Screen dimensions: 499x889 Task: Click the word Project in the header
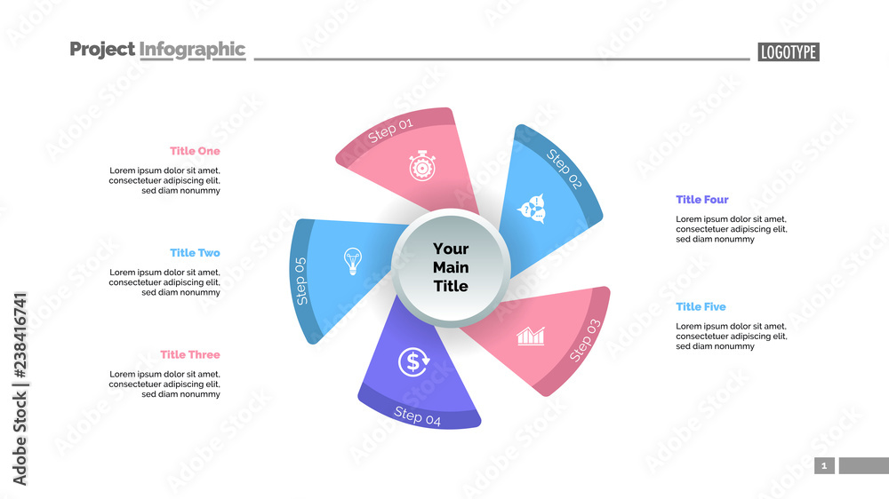tap(102, 50)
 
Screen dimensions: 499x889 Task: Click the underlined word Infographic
tap(192, 50)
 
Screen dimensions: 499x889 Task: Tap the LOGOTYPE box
tap(789, 52)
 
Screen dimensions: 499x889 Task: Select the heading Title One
tap(195, 151)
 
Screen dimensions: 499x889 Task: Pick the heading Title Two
tap(195, 253)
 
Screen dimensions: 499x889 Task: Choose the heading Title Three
tap(190, 355)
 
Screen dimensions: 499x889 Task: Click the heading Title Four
tap(701, 200)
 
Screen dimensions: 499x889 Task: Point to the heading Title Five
tap(701, 307)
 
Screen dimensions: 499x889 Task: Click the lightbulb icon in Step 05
tap(353, 261)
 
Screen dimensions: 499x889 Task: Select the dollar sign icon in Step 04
tap(413, 360)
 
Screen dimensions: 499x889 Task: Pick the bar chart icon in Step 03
tap(531, 336)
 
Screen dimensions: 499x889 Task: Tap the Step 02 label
tap(564, 170)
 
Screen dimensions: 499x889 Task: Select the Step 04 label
tap(417, 416)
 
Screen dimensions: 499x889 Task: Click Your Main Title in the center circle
tap(450, 267)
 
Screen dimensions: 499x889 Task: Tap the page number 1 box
tap(824, 465)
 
